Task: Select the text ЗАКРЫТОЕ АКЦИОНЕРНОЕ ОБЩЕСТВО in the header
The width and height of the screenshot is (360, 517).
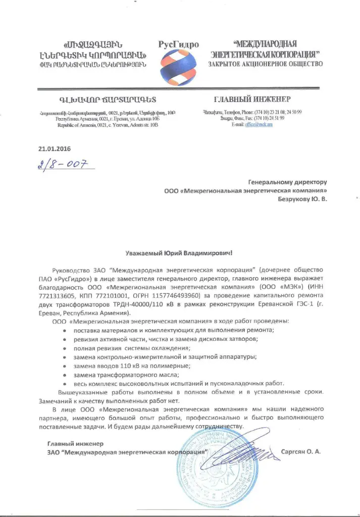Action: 265,64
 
